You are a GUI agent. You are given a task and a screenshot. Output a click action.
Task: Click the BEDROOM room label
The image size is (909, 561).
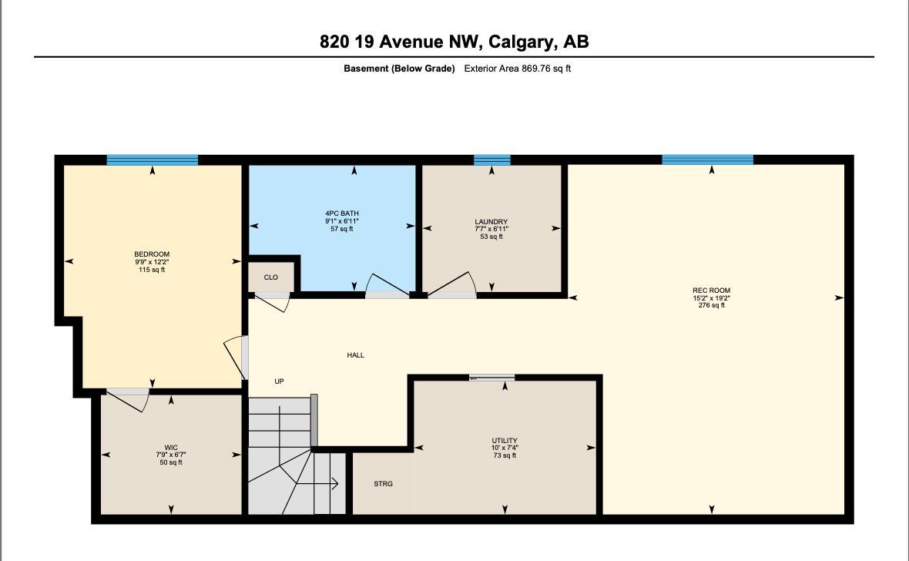point(152,254)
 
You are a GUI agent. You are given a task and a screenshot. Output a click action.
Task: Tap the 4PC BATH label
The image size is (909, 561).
point(342,213)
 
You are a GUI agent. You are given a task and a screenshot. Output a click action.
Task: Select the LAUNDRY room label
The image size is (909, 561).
point(491,222)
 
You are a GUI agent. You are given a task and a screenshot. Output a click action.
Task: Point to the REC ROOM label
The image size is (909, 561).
point(711,291)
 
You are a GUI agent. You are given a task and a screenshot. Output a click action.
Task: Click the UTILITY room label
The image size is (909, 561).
point(505,441)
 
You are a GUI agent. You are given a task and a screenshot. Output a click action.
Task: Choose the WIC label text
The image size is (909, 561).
point(171,447)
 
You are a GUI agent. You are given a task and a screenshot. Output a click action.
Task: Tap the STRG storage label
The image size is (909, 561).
point(383,484)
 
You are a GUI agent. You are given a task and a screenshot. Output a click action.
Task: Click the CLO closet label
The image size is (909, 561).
point(270,277)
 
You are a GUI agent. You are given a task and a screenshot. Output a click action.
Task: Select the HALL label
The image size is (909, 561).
point(355,355)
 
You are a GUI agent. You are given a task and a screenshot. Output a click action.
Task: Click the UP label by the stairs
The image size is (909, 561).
point(279,381)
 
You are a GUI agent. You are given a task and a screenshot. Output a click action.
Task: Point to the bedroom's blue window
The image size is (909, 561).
point(153,160)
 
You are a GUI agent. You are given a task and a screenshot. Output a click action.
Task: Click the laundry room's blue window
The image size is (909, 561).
point(491,160)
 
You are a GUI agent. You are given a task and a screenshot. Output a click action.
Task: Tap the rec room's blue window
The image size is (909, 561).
point(707,160)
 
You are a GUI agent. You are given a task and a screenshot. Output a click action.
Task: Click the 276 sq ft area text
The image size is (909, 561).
point(711,305)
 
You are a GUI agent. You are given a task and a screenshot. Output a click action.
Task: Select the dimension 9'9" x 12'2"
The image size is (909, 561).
point(152,262)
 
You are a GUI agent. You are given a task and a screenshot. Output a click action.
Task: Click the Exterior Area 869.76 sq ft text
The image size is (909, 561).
point(517,69)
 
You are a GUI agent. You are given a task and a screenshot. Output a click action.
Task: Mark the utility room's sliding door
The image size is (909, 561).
point(492,378)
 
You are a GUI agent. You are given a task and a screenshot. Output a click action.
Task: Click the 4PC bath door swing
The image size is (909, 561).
point(387,286)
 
